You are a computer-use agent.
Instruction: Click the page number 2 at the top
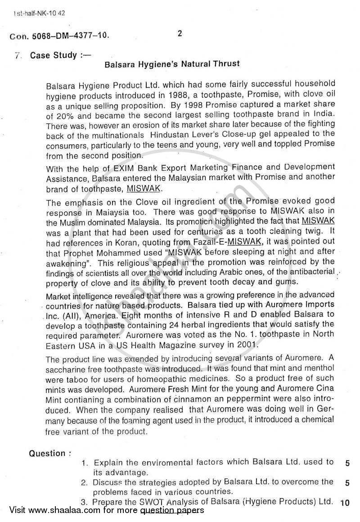(x=180, y=34)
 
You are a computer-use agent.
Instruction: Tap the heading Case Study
(x=53, y=56)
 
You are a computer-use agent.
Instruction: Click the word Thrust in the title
(x=227, y=64)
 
